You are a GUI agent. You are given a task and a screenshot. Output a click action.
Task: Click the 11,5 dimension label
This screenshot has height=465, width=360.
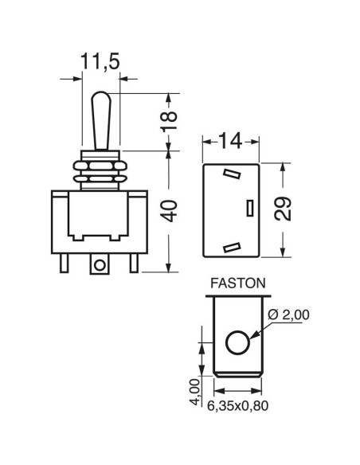[x=100, y=62]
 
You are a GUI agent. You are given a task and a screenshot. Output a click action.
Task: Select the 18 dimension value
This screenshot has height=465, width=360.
[x=169, y=121]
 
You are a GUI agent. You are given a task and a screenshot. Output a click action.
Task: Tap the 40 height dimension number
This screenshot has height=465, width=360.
[x=170, y=212]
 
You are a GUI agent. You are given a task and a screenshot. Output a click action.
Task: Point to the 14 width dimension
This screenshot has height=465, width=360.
[x=230, y=142]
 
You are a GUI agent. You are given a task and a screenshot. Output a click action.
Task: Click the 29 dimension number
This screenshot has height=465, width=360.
[x=283, y=209]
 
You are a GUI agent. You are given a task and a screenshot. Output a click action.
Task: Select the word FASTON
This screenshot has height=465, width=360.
[x=237, y=283]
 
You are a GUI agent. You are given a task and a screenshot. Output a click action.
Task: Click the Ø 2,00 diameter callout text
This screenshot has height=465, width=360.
[x=288, y=315]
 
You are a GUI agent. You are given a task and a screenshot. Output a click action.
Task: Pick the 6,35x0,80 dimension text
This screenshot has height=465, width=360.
[x=237, y=406]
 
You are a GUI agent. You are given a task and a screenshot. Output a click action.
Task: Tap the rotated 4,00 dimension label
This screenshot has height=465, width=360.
[x=195, y=392]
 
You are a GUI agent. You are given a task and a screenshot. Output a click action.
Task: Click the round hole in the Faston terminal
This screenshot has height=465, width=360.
[x=237, y=342]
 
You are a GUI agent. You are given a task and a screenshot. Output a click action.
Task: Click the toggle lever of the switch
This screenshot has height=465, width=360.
[x=101, y=120]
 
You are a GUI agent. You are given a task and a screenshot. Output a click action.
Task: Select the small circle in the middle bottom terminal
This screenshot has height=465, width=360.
[x=100, y=264]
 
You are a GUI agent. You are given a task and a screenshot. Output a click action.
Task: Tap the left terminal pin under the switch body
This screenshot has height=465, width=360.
[x=64, y=264]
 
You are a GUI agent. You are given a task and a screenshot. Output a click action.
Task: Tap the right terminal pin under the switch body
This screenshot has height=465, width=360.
[x=134, y=264]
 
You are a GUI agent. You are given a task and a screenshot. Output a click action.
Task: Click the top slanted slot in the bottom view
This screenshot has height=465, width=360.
[x=232, y=174]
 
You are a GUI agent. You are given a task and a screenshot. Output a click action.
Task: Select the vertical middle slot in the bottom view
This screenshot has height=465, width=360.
[x=250, y=208]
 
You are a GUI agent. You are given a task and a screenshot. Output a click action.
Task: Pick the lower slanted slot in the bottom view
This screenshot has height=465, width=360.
[x=231, y=248]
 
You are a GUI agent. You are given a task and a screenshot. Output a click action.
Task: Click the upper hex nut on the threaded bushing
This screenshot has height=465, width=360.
[x=100, y=166]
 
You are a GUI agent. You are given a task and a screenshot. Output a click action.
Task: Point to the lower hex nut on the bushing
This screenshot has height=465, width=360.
[x=100, y=179]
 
